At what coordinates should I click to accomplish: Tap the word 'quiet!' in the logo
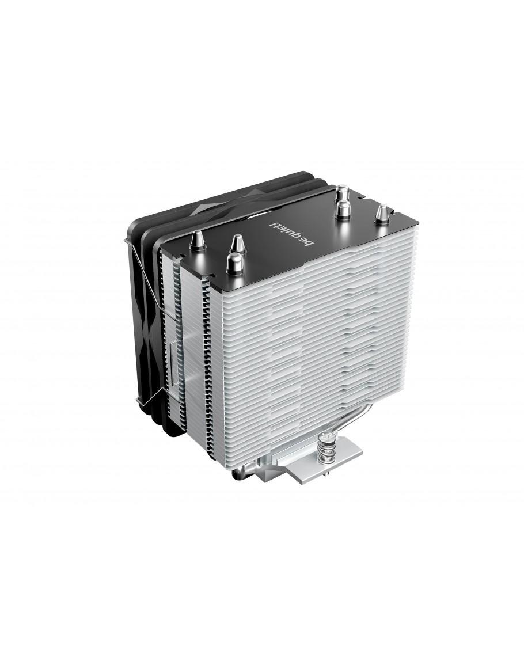(287, 230)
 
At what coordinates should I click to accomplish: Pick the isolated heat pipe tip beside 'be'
(381, 214)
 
